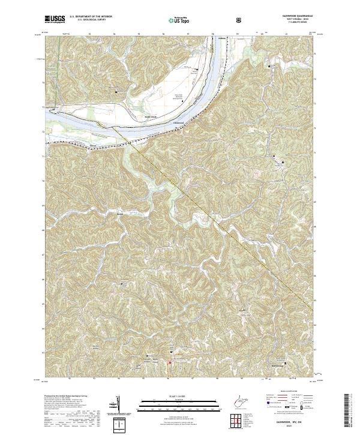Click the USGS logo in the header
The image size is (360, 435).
[x=55, y=19]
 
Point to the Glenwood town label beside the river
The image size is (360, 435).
[x=178, y=122]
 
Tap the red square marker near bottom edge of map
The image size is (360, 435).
[x=170, y=362]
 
